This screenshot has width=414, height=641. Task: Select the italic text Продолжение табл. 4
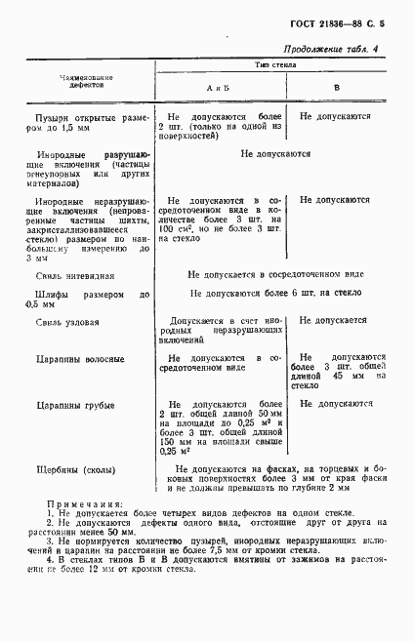(x=341, y=50)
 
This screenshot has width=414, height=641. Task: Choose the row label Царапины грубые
(x=69, y=403)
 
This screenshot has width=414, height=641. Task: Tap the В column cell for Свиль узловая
(x=333, y=320)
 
